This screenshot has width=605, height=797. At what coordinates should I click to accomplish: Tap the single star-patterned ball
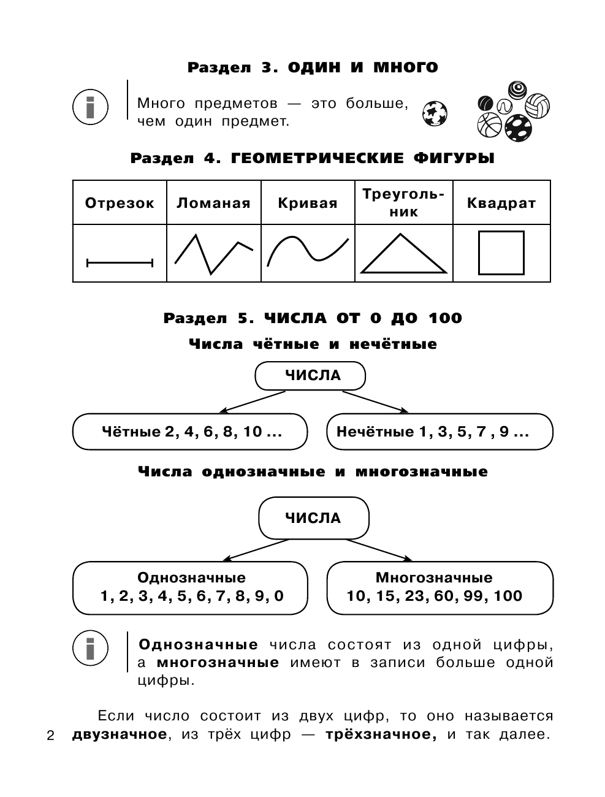pyautogui.click(x=435, y=113)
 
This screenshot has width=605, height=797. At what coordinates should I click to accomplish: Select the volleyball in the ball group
pyautogui.click(x=538, y=105)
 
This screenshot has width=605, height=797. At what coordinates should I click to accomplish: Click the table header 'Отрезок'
pyautogui.click(x=120, y=204)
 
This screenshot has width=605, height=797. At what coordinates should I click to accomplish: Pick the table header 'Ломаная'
pyautogui.click(x=213, y=204)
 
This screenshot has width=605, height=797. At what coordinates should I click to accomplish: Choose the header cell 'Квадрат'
pyautogui.click(x=501, y=204)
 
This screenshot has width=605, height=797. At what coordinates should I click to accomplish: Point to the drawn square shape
pyautogui.click(x=501, y=253)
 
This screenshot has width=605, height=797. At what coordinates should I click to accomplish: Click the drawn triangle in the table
pyautogui.click(x=403, y=254)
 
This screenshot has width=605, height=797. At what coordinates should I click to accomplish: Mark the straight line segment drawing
pyautogui.click(x=120, y=263)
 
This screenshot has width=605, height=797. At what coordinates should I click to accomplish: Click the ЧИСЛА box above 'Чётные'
pyautogui.click(x=310, y=375)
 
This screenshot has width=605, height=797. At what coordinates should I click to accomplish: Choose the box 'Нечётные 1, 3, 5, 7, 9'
pyautogui.click(x=439, y=432)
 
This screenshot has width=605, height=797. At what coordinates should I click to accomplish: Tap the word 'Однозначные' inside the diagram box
pyautogui.click(x=191, y=578)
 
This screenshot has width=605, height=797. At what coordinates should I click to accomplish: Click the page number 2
pyautogui.click(x=51, y=736)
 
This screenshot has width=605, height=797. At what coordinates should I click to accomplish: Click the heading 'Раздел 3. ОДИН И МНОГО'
pyautogui.click(x=313, y=67)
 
